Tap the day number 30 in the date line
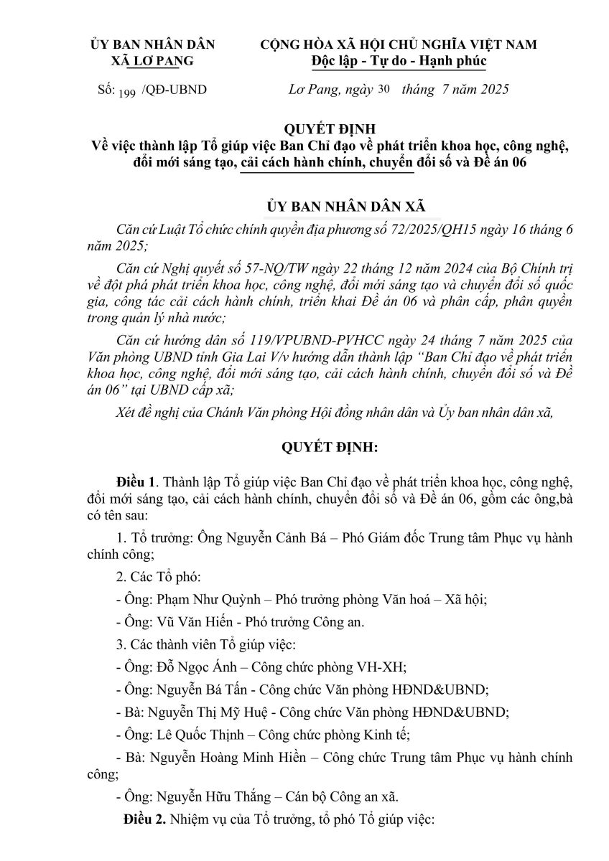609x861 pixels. click(386, 90)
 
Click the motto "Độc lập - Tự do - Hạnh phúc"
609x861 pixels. click(399, 61)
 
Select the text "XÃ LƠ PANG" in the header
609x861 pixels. click(152, 61)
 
